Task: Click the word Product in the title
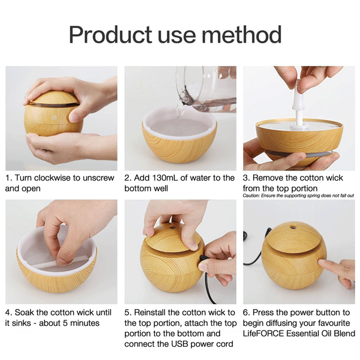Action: point(107,35)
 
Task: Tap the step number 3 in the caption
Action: point(246,178)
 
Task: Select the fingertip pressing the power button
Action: point(323,264)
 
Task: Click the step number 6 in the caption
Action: point(246,313)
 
